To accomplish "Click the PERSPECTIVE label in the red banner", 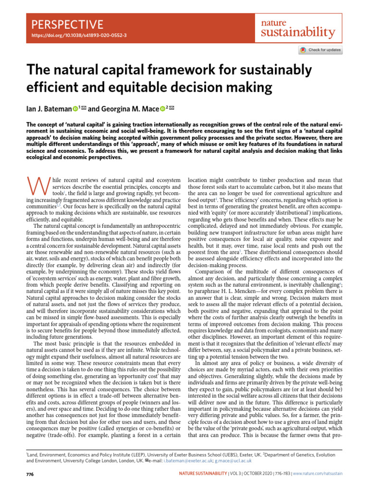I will point(67,25).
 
